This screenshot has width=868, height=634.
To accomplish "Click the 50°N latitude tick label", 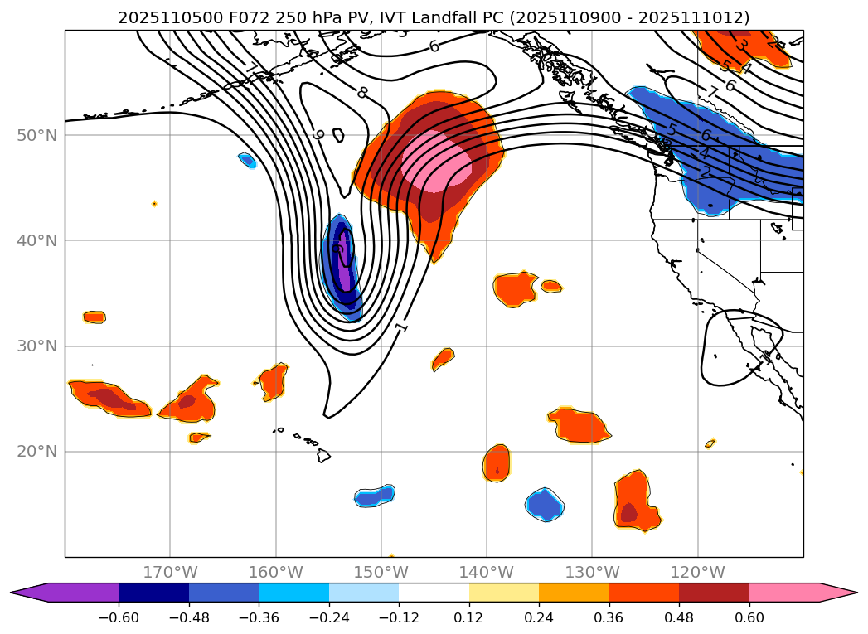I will (x=36, y=135).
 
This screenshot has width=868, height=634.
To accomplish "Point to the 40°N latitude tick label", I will (x=36, y=240).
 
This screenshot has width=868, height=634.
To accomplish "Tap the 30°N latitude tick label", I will (x=36, y=346).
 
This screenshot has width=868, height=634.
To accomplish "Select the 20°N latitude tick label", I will (x=36, y=452).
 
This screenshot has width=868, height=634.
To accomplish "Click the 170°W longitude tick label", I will (x=170, y=572).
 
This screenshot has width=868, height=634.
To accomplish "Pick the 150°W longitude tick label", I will (x=381, y=572).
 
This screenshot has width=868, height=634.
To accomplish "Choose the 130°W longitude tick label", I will (x=592, y=572).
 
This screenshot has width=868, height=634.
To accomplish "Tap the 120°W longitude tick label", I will (x=697, y=572).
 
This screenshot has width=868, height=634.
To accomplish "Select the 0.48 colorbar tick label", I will (x=679, y=617).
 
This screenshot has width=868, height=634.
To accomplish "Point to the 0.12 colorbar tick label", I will (x=469, y=617).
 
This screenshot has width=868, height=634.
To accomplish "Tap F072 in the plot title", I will (x=218, y=17).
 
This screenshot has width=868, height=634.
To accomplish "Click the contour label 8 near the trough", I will (x=362, y=92).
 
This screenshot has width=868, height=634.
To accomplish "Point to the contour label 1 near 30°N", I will (x=402, y=327).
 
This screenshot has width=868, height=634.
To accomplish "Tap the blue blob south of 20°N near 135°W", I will (x=544, y=503).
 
